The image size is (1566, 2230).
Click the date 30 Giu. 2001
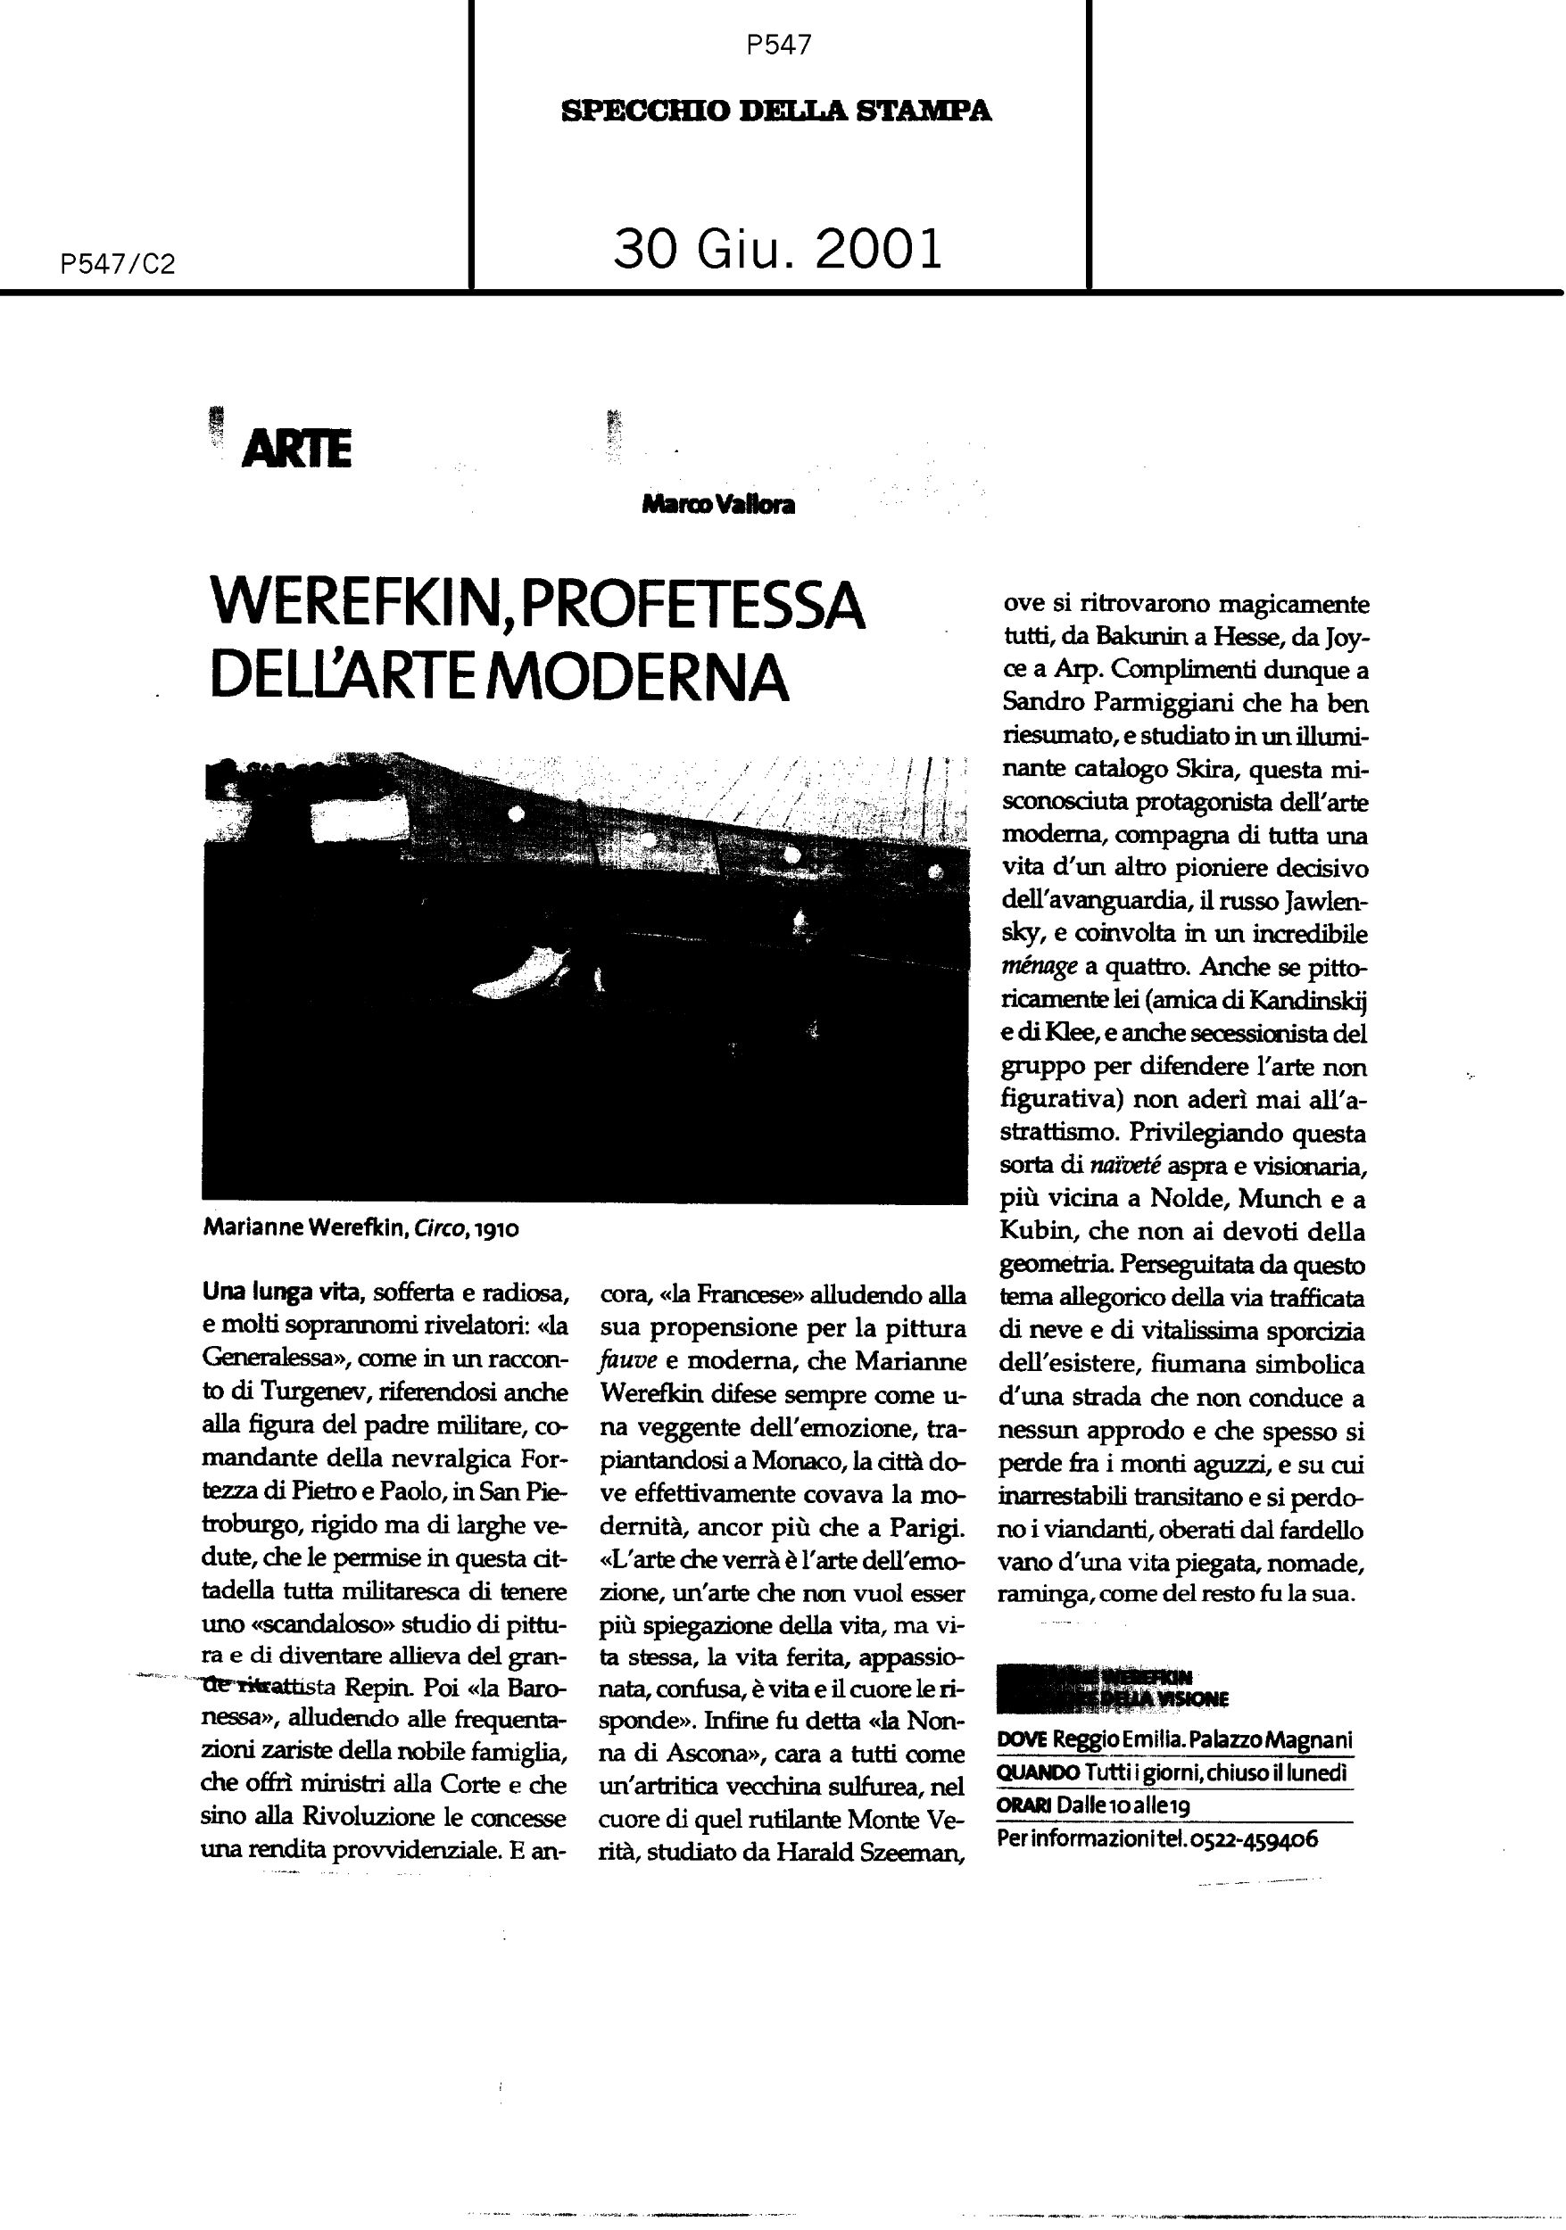click(x=778, y=249)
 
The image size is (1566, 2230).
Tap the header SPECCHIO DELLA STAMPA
click(x=776, y=111)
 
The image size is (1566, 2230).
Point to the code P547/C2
click(x=117, y=264)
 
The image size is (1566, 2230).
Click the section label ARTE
click(x=296, y=450)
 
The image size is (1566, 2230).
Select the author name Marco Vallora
click(x=718, y=504)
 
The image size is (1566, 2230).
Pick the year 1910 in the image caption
click(x=497, y=1228)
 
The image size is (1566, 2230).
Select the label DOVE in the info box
click(x=1022, y=1740)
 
